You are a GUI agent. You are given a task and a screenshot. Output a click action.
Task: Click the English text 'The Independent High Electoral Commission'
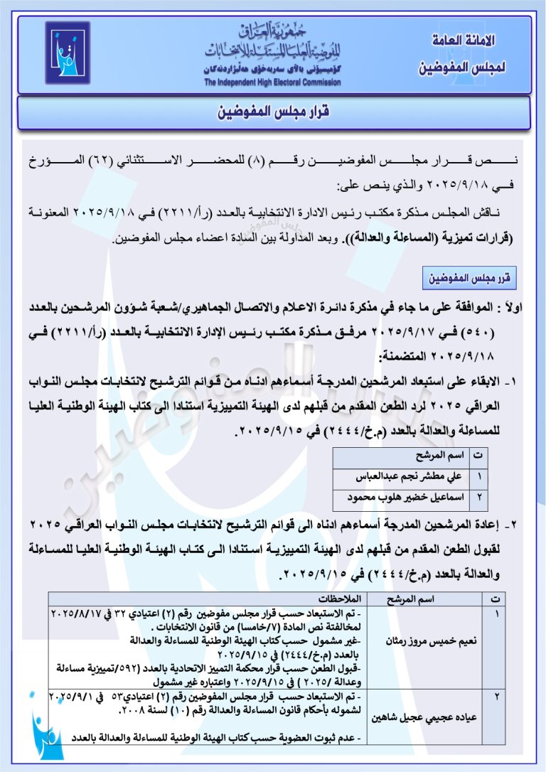272,82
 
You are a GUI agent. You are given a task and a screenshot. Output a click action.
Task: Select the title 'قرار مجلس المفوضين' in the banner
274,113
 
